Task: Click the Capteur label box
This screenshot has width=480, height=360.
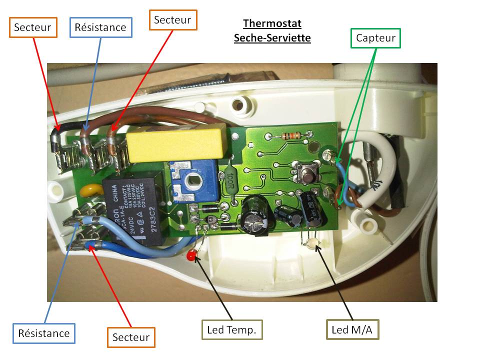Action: pos(376,38)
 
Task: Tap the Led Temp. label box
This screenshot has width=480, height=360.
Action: pos(231,329)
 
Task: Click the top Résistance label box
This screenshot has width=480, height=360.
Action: pos(100,27)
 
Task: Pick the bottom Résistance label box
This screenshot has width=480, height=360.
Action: pos(44,333)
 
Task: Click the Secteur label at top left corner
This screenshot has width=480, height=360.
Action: pos(32,27)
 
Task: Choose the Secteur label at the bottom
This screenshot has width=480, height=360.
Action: pos(131,337)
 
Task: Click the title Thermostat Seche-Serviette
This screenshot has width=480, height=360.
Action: pos(272,30)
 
